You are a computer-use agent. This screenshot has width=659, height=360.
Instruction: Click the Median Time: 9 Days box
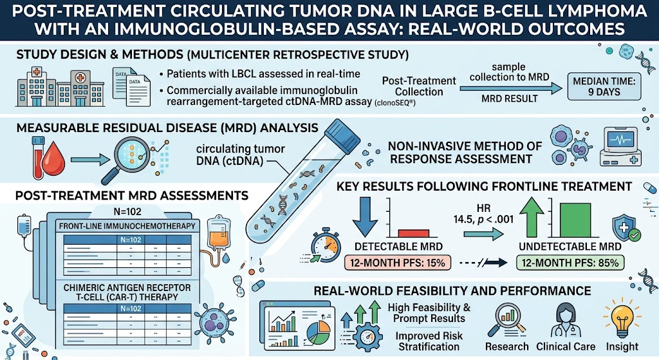pyautogui.click(x=604, y=87)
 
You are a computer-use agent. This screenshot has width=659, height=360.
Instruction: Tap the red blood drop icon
pyautogui.click(x=54, y=160)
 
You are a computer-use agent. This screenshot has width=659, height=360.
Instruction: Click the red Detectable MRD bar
pyautogui.click(x=414, y=233)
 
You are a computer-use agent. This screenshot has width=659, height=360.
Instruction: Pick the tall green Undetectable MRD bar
pyautogui.click(x=575, y=220)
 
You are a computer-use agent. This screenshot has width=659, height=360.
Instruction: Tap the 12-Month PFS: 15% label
pyautogui.click(x=398, y=263)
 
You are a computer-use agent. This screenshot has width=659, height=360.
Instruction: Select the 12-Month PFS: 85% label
pyautogui.click(x=570, y=263)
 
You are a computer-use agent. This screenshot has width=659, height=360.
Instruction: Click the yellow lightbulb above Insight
pyautogui.click(x=622, y=318)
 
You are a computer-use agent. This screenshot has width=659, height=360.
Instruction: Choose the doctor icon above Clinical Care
pyautogui.click(x=565, y=319)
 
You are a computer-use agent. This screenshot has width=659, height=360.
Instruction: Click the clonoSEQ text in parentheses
pyautogui.click(x=394, y=102)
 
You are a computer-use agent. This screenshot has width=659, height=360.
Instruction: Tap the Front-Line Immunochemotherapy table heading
pyautogui.click(x=127, y=226)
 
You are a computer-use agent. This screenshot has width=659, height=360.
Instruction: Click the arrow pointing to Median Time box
pyautogui.click(x=510, y=88)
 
